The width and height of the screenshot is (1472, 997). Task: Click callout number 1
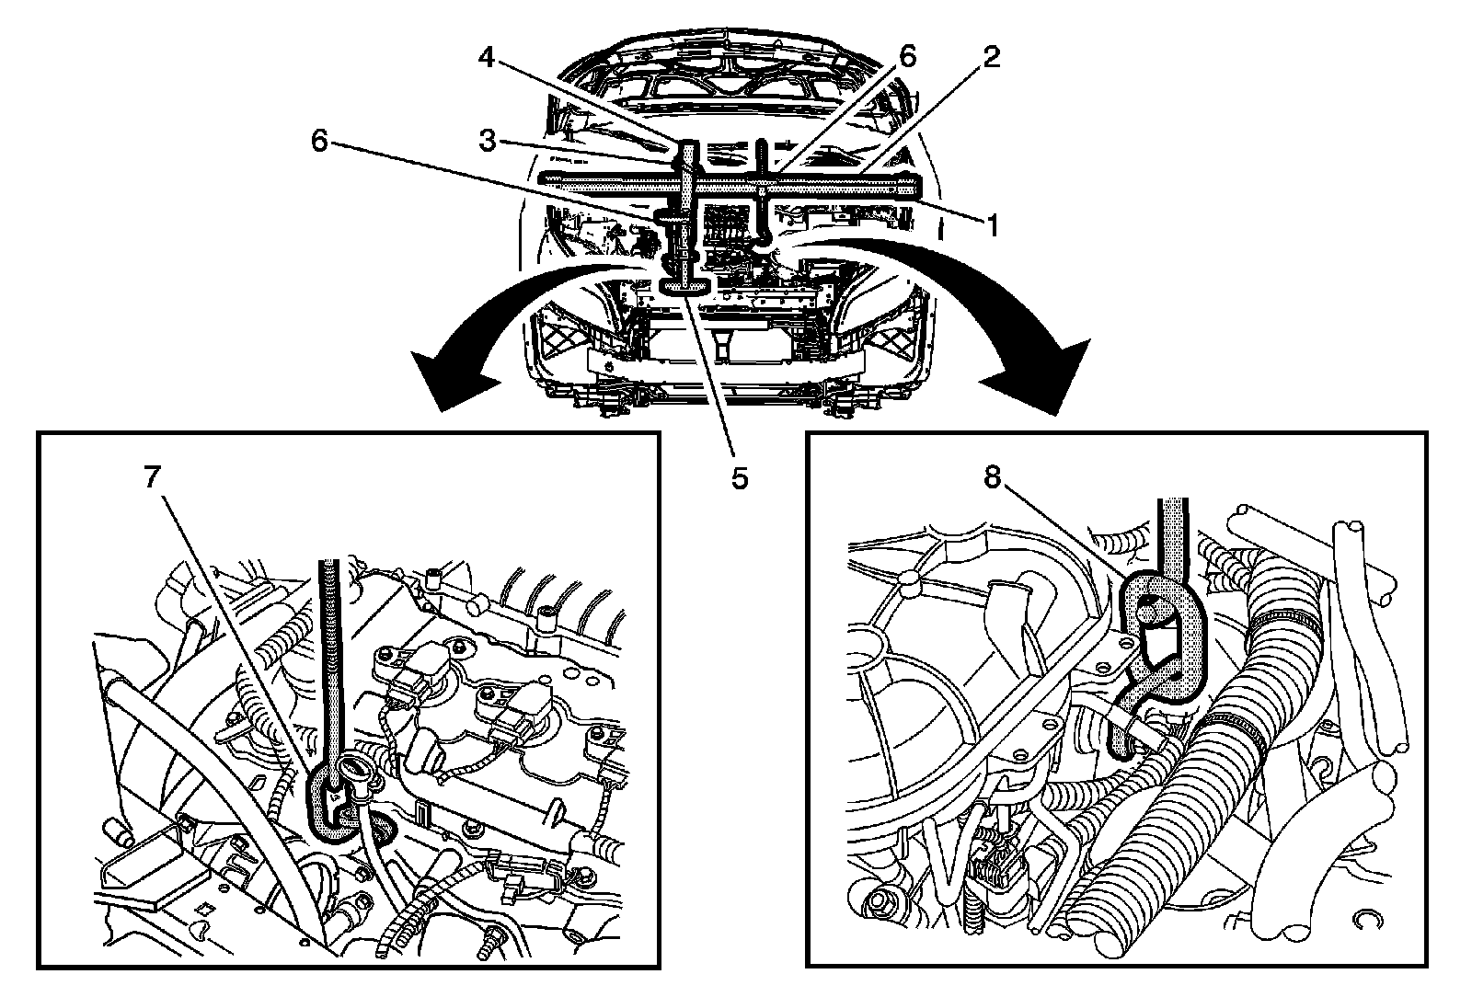point(993,225)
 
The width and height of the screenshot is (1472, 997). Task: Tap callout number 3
point(487,140)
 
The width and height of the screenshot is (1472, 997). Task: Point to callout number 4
point(486,58)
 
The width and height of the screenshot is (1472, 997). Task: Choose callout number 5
point(740,479)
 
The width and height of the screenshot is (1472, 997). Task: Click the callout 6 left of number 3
point(319,140)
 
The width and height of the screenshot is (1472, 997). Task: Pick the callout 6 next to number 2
point(907,57)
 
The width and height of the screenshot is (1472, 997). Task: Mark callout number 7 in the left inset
point(153,477)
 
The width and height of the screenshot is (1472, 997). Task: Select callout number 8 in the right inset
point(992,477)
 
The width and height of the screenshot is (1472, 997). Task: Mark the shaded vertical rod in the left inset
point(329,663)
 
